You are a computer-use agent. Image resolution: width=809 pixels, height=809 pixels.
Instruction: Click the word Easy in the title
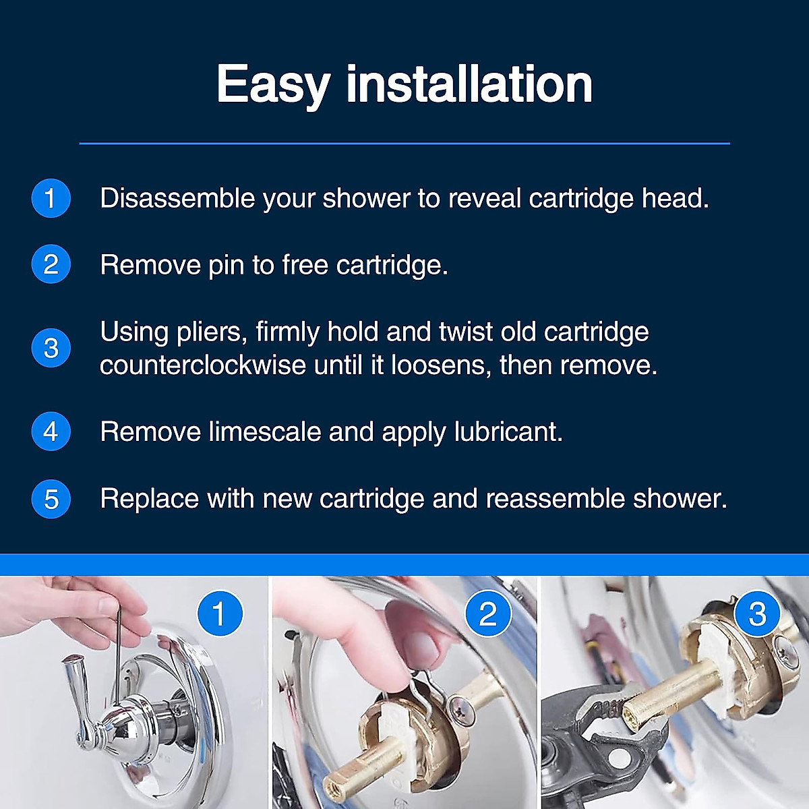point(272,85)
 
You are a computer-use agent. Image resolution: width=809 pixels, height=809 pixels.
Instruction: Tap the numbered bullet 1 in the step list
point(51,198)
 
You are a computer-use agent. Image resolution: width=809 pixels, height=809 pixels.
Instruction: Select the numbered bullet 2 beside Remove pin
point(51,264)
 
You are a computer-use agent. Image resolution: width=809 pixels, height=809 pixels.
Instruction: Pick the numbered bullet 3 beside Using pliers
point(51,348)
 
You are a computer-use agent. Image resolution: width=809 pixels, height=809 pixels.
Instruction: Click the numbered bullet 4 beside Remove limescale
point(51,431)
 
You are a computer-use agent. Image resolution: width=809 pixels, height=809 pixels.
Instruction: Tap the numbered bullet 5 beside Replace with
point(51,499)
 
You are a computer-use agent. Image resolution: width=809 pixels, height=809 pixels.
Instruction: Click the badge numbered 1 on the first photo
point(220,613)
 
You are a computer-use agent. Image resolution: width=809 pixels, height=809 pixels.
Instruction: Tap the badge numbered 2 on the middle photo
point(488,613)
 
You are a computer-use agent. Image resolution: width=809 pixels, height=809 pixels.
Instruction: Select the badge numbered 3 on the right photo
point(757,613)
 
